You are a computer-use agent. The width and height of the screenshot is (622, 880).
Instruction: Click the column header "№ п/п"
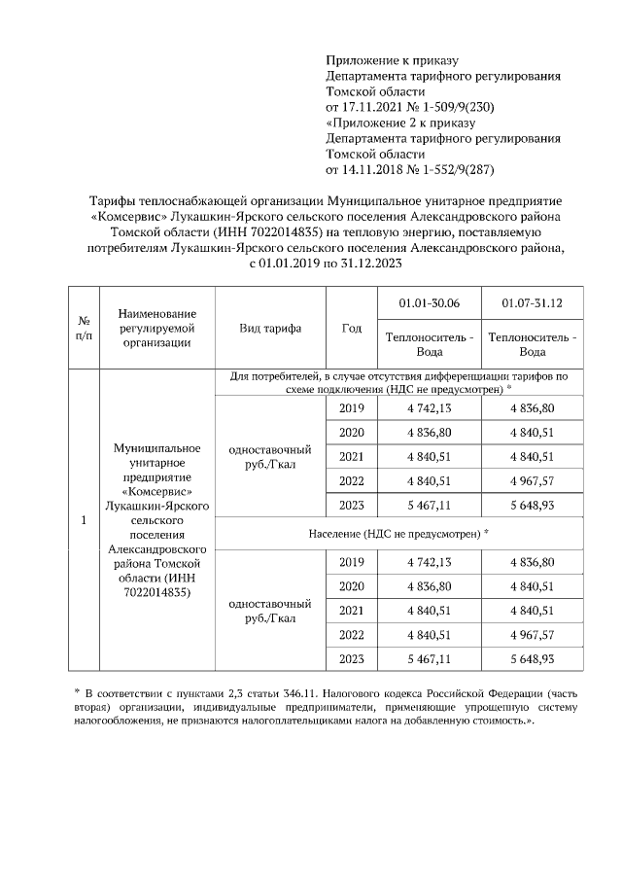[x=84, y=328]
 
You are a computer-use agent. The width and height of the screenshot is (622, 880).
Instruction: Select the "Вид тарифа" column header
[x=270, y=328]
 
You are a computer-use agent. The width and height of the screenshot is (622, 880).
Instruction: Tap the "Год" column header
[x=351, y=328]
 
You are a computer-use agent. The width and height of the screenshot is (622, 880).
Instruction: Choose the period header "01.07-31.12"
[x=532, y=304]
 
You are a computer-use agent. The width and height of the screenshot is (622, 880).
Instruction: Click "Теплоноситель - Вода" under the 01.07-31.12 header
[x=532, y=344]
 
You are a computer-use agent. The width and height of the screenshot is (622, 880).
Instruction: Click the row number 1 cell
[x=84, y=520]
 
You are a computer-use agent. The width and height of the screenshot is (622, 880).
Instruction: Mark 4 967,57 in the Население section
[x=532, y=634]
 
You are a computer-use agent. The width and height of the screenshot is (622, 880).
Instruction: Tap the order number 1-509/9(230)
[x=448, y=106]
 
